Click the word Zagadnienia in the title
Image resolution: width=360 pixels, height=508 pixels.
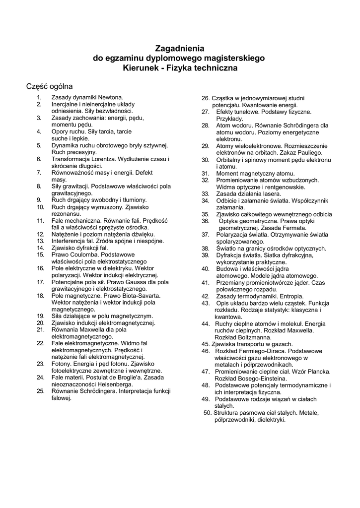[180, 48]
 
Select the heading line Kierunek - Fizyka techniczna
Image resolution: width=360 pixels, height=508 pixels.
[180, 67]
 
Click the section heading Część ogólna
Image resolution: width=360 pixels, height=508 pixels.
[50, 86]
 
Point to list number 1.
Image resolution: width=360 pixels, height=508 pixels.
[38, 98]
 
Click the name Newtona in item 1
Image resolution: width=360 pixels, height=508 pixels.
[109, 98]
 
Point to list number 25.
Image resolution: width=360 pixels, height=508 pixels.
[41, 391]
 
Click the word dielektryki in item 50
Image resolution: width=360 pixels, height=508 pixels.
[269, 419]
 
